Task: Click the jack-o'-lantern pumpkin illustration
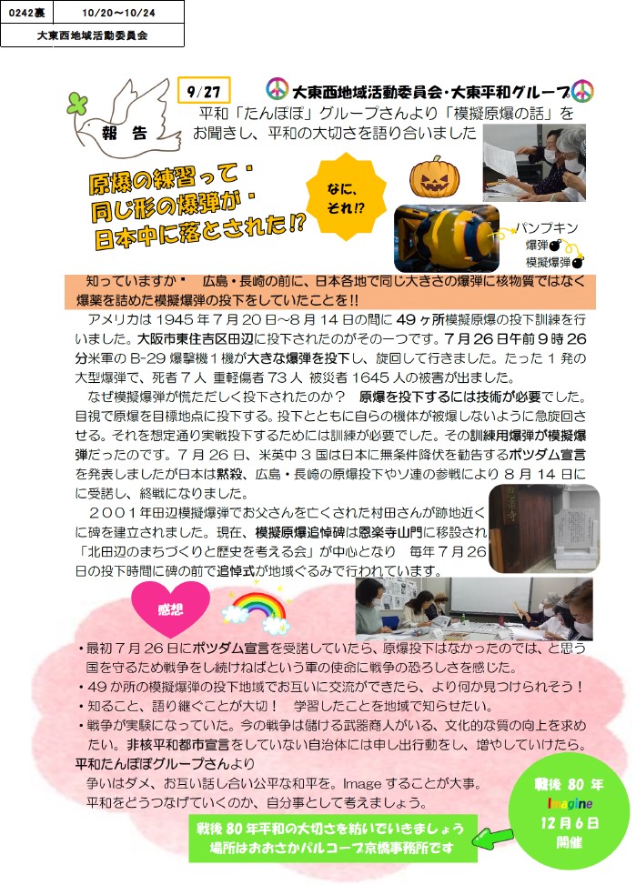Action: click(x=434, y=176)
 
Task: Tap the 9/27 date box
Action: click(x=204, y=91)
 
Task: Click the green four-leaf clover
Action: click(x=78, y=105)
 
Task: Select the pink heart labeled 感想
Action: click(x=170, y=609)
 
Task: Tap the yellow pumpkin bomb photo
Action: click(x=447, y=238)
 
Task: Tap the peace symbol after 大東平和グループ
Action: click(x=582, y=91)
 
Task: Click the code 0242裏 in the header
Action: click(x=26, y=13)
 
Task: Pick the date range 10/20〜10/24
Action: click(x=118, y=13)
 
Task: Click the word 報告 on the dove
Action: click(x=125, y=133)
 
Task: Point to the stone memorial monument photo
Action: click(x=544, y=528)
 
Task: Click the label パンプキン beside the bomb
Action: click(x=547, y=227)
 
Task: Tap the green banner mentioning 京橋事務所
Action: click(x=333, y=838)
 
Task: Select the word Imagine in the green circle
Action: click(x=570, y=803)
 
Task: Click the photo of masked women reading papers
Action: click(x=534, y=163)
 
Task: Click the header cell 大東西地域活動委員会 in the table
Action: click(x=92, y=35)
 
